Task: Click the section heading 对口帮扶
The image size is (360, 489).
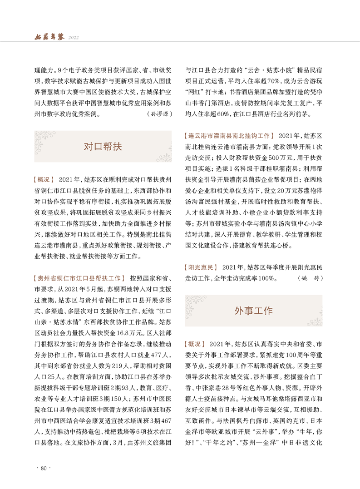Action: (103, 146)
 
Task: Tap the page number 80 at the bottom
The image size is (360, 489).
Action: (44, 468)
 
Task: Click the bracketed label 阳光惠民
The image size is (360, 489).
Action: (202, 267)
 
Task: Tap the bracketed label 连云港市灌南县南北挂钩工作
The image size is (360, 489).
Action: (230, 136)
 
